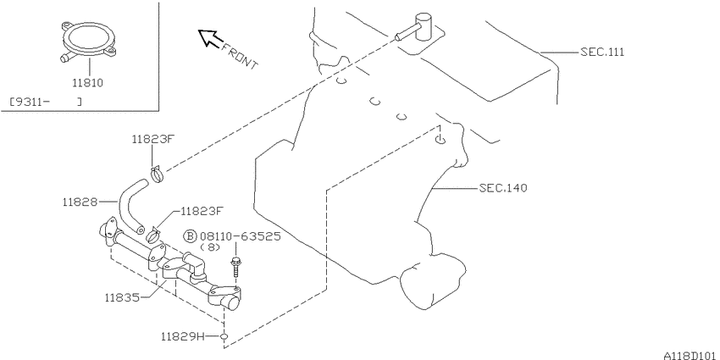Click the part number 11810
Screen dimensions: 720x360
87,83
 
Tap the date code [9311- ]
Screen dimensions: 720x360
46,102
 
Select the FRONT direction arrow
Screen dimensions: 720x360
209,38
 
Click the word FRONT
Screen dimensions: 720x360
240,56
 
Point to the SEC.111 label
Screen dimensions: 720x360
602,52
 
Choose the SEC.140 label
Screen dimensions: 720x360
503,188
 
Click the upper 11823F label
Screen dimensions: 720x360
152,139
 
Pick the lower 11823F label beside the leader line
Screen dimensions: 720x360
202,211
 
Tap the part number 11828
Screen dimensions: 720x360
80,202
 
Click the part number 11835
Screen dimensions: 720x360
122,297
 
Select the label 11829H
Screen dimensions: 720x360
182,336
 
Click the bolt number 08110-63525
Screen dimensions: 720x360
240,236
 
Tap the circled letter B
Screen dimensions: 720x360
190,236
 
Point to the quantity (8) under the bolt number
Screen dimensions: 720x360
210,247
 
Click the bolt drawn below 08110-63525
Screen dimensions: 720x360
237,266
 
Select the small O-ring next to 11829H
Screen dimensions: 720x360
224,337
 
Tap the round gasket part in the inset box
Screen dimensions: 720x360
88,40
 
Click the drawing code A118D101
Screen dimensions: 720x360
690,356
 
